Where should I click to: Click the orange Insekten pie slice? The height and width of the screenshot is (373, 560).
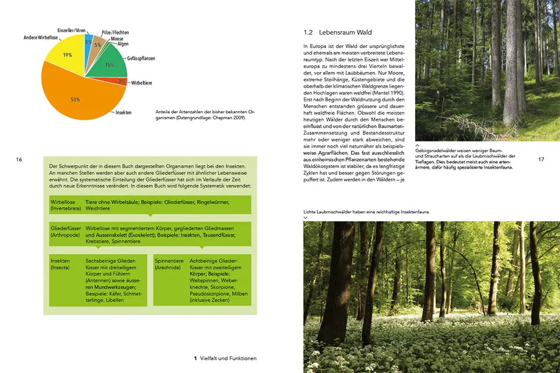click(x=75, y=98)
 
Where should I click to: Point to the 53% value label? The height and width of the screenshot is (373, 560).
click(x=75, y=100)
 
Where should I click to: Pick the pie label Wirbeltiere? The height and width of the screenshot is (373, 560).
click(x=142, y=83)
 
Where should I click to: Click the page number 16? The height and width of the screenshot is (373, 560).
click(x=19, y=159)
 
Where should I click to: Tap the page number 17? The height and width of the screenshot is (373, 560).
click(x=541, y=159)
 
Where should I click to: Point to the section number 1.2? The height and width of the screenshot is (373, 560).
click(x=308, y=32)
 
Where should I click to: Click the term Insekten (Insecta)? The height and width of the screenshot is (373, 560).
click(x=60, y=264)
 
